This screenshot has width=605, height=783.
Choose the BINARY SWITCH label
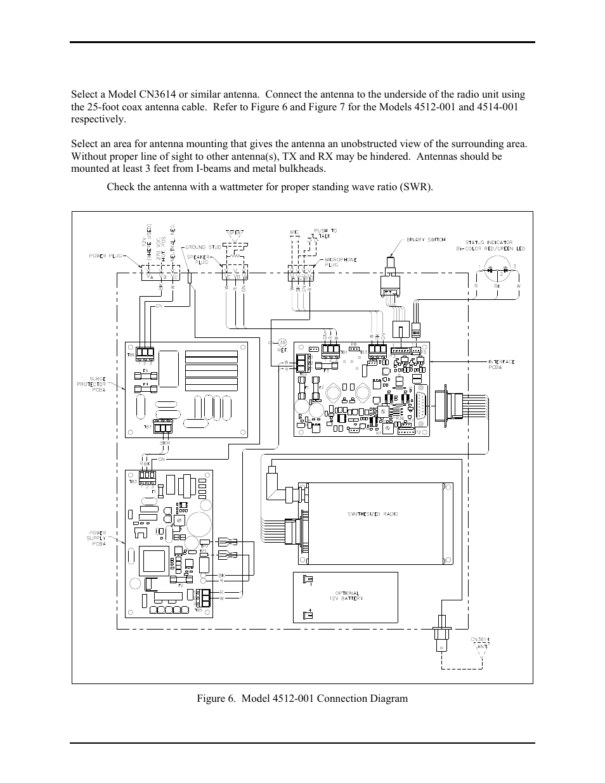tap(424, 240)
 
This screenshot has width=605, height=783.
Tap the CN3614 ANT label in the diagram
tap(480, 642)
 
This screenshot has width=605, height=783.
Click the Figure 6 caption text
tap(302, 699)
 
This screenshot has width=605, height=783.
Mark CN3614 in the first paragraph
tap(169, 94)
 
